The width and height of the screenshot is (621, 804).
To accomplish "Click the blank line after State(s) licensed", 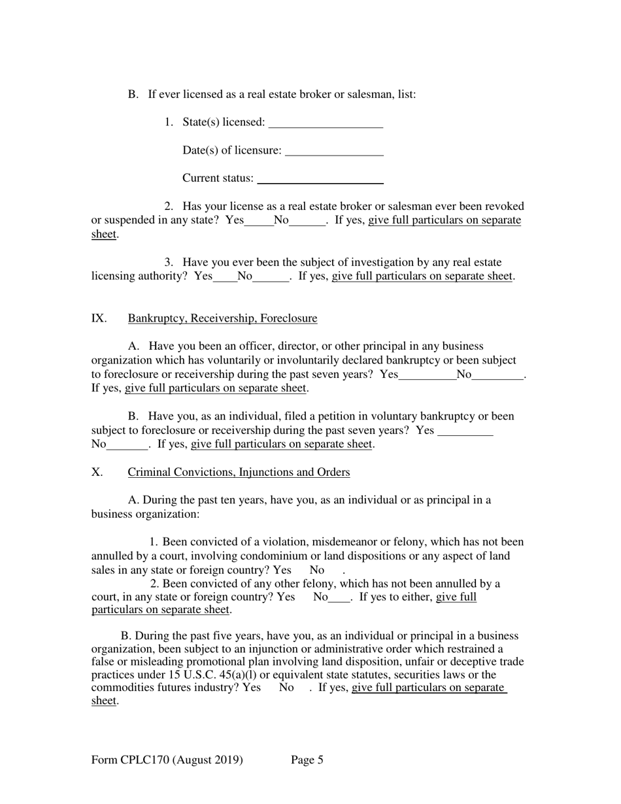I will (x=326, y=123).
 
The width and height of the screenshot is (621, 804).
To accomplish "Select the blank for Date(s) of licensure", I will (x=334, y=151).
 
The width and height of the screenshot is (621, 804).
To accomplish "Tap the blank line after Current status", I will (x=320, y=179).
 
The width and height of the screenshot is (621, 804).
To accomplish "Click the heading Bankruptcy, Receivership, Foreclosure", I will (x=222, y=318).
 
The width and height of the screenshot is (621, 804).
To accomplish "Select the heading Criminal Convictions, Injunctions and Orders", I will (x=239, y=472).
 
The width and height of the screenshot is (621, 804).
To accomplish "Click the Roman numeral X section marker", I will (x=97, y=472).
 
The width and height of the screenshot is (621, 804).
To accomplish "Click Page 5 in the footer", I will (x=307, y=760).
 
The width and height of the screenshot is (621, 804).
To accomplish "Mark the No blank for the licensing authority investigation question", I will (x=271, y=276).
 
